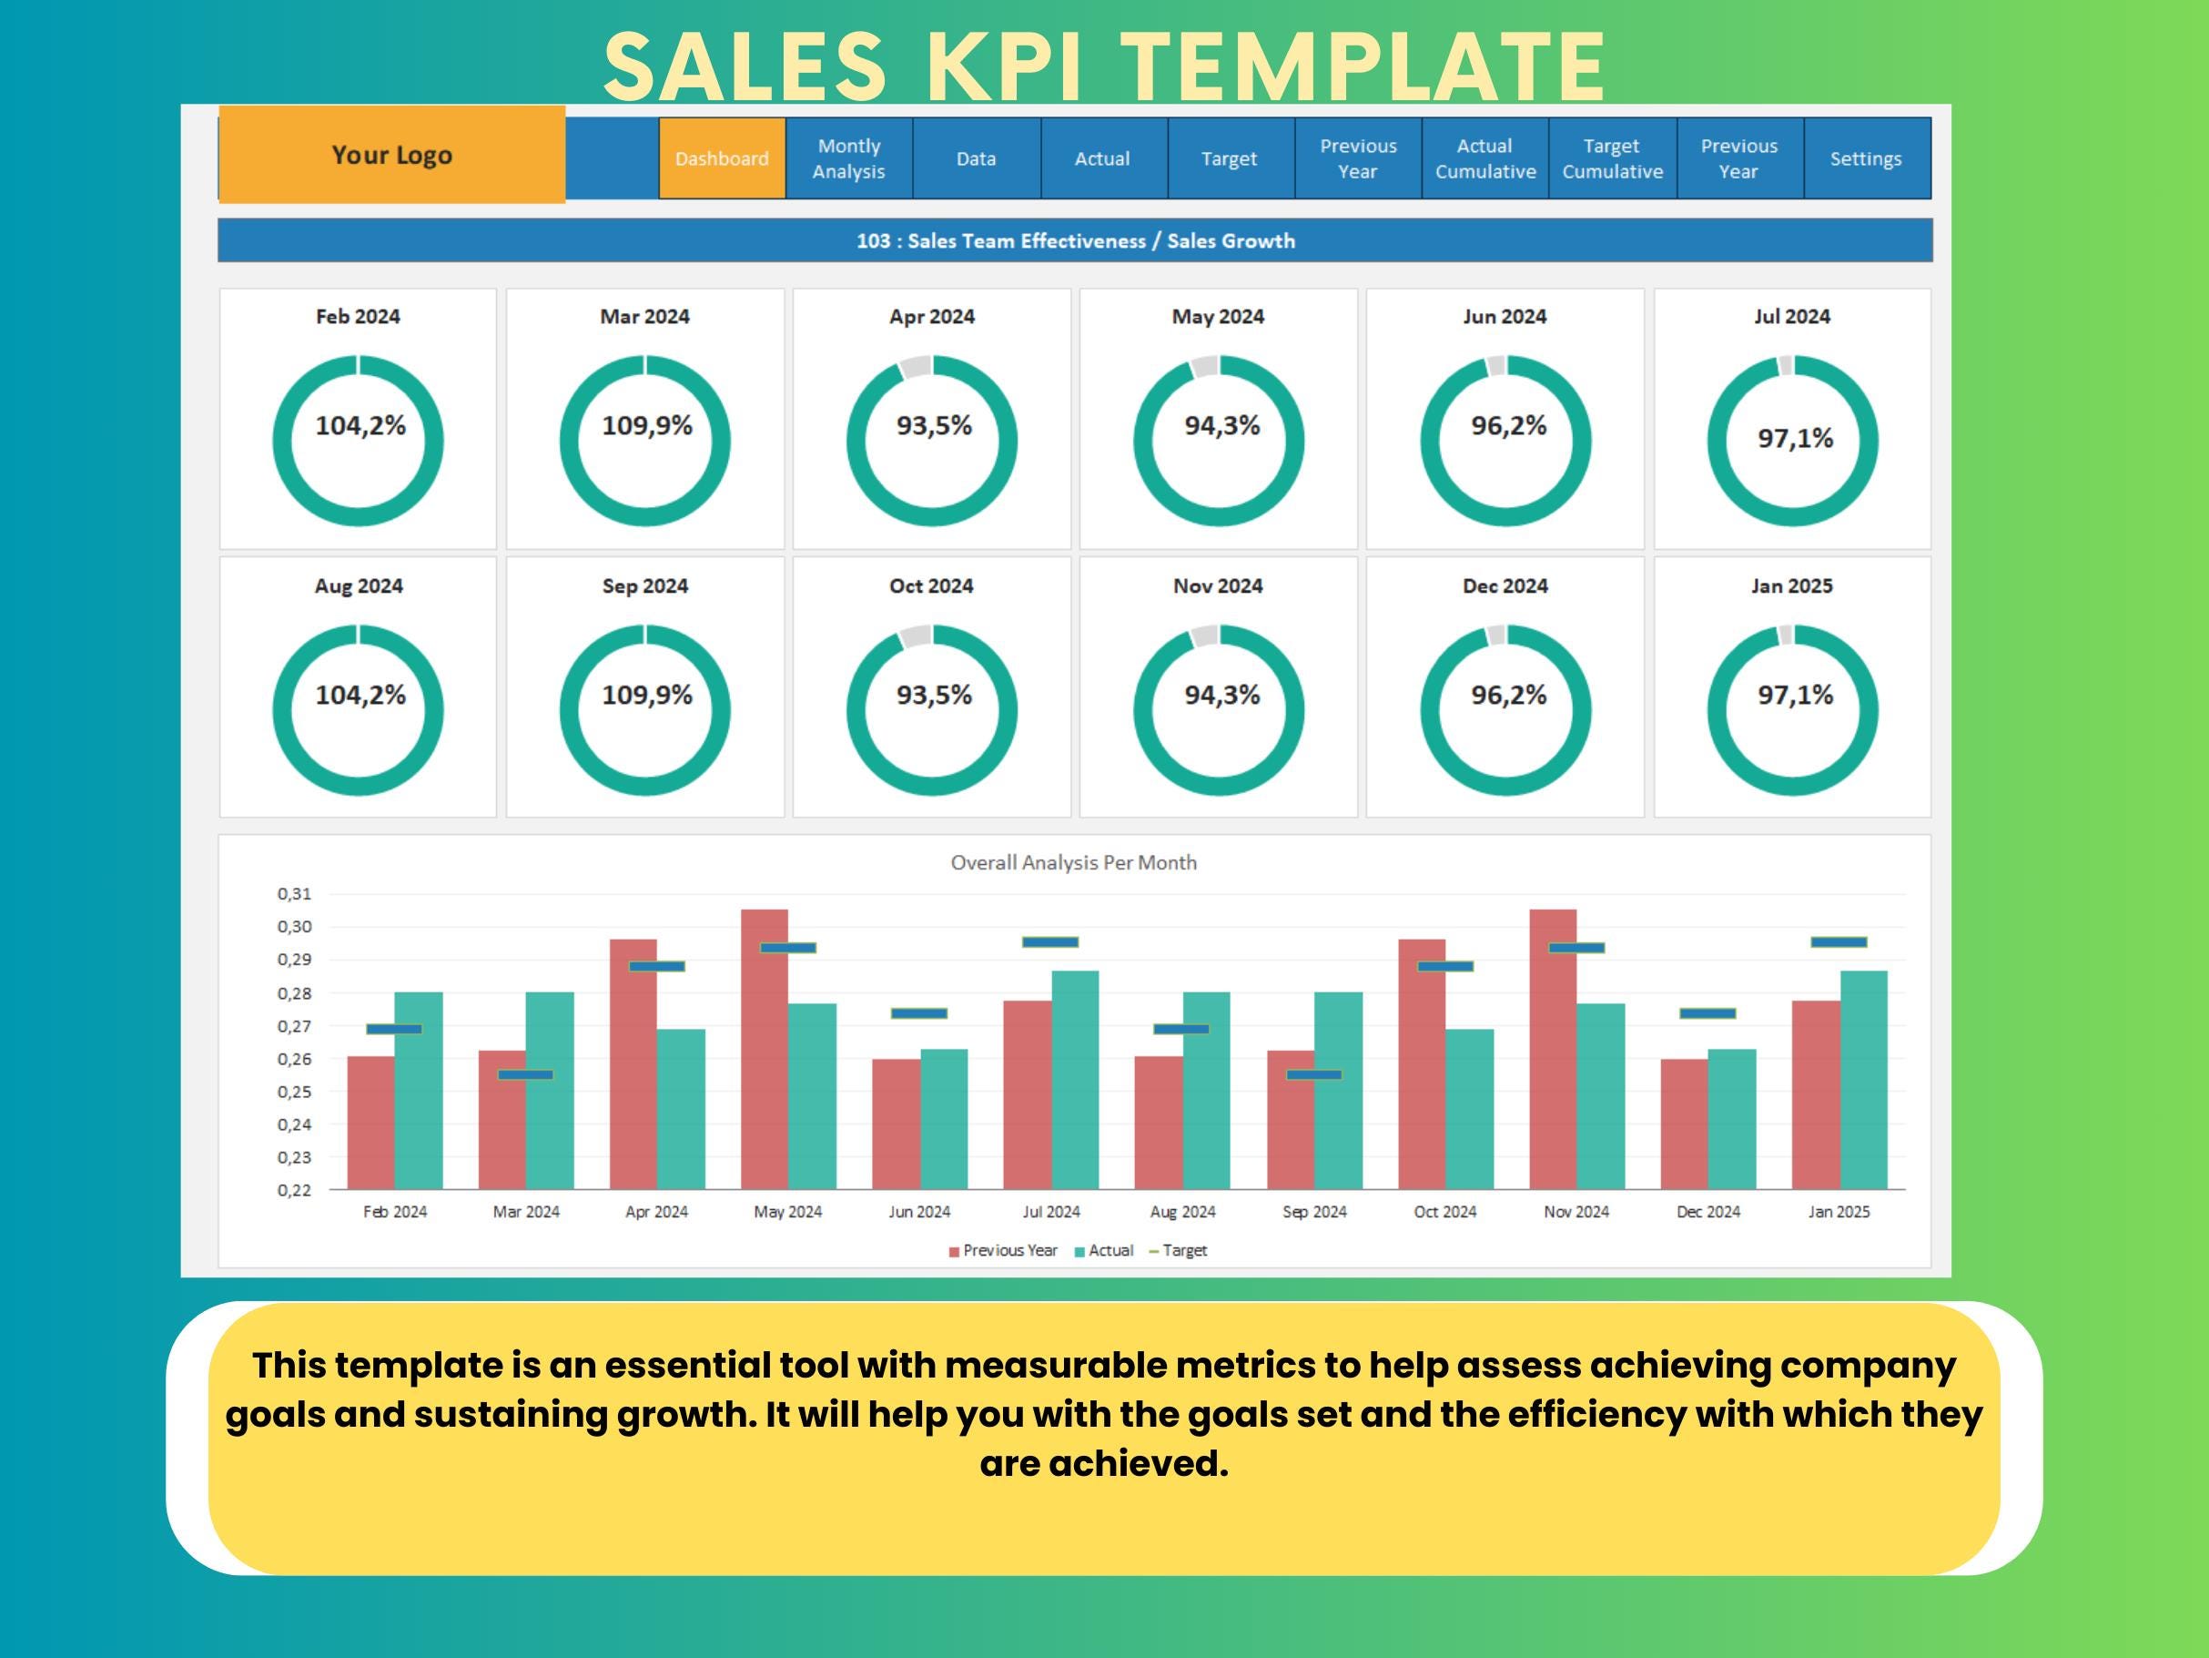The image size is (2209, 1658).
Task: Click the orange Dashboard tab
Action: [721, 158]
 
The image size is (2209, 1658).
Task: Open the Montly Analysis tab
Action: [848, 158]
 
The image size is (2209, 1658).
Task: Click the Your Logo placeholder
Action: [391, 155]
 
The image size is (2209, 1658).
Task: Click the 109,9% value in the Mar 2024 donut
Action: [646, 426]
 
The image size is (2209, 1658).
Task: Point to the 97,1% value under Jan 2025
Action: [1795, 696]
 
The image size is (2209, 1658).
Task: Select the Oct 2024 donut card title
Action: [931, 586]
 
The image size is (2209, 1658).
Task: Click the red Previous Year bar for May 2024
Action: [764, 1049]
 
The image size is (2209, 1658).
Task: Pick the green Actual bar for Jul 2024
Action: [1075, 1079]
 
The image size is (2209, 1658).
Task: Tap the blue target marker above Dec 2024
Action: [1707, 1013]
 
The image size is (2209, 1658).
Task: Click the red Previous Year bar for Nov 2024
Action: [1552, 1049]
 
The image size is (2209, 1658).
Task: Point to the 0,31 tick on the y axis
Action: [295, 894]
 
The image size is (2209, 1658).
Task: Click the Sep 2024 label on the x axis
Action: [1313, 1212]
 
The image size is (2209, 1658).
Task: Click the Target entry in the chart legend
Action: [1183, 1250]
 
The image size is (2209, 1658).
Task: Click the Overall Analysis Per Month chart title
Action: [1072, 863]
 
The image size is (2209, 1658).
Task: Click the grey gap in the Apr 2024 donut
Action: [915, 368]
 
